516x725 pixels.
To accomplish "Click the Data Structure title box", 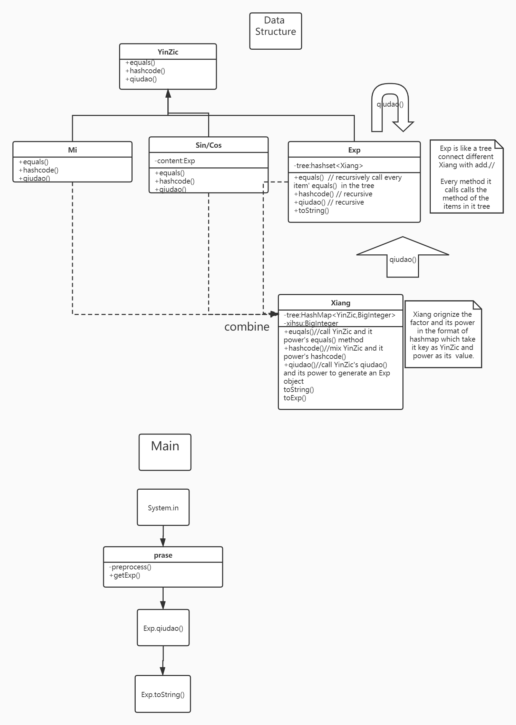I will coord(275,31).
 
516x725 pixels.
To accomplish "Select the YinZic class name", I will coord(168,52).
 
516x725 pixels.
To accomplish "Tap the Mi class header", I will coord(72,150).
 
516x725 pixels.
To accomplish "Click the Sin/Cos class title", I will coord(208,145).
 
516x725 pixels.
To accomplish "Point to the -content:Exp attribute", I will coord(175,161).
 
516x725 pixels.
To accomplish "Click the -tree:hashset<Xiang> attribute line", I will coord(328,166).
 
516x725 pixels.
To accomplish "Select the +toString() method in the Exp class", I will coord(311,210).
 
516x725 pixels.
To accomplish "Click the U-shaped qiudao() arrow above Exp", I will coord(390,104).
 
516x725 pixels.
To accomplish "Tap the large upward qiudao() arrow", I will coord(402,259).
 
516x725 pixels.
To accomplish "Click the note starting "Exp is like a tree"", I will coord(466,177).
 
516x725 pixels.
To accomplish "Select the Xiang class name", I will coord(340,303).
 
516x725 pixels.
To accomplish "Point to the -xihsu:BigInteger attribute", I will coord(311,323).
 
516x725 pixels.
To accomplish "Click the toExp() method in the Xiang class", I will coord(295,398).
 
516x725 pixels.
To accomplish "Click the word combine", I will coord(247,327).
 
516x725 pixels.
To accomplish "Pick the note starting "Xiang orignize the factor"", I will coord(442,335).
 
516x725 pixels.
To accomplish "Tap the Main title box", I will coord(165,452).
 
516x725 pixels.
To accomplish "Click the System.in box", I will coord(163,508).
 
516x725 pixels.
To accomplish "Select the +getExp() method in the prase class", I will coord(125,575).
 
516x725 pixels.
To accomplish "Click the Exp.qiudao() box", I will coord(163,628).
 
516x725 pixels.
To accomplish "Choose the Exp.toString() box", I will coord(163,694).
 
